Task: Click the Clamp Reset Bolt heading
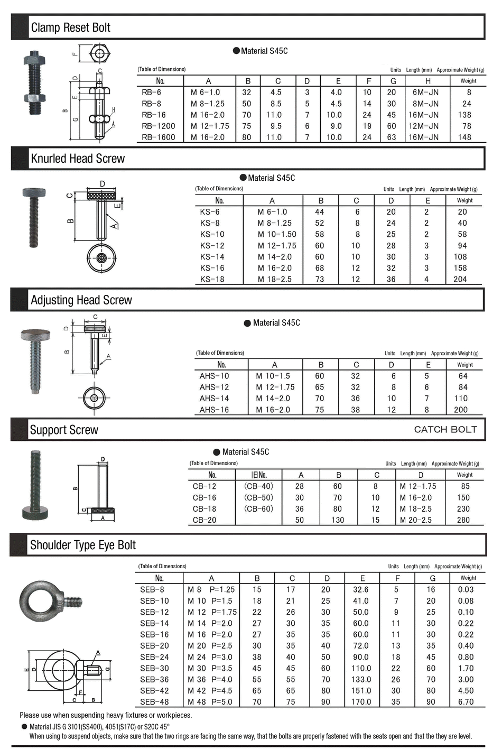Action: [70, 27]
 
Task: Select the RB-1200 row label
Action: [158, 126]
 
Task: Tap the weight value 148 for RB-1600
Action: [464, 137]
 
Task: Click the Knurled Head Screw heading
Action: [78, 159]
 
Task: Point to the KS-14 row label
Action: [212, 257]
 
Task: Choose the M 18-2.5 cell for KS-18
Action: [274, 279]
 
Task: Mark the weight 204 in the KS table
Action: [460, 279]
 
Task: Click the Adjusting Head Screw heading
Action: [81, 300]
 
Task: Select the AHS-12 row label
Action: [214, 387]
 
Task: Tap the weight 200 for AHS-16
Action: [460, 410]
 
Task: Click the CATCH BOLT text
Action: [445, 429]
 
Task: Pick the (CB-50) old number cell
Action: [258, 497]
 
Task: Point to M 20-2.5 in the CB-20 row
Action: [415, 520]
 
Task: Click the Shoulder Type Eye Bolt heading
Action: [83, 545]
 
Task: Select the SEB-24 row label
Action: [154, 657]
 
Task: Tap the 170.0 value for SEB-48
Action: [361, 702]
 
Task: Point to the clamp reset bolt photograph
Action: [34, 83]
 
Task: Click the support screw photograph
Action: [35, 485]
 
